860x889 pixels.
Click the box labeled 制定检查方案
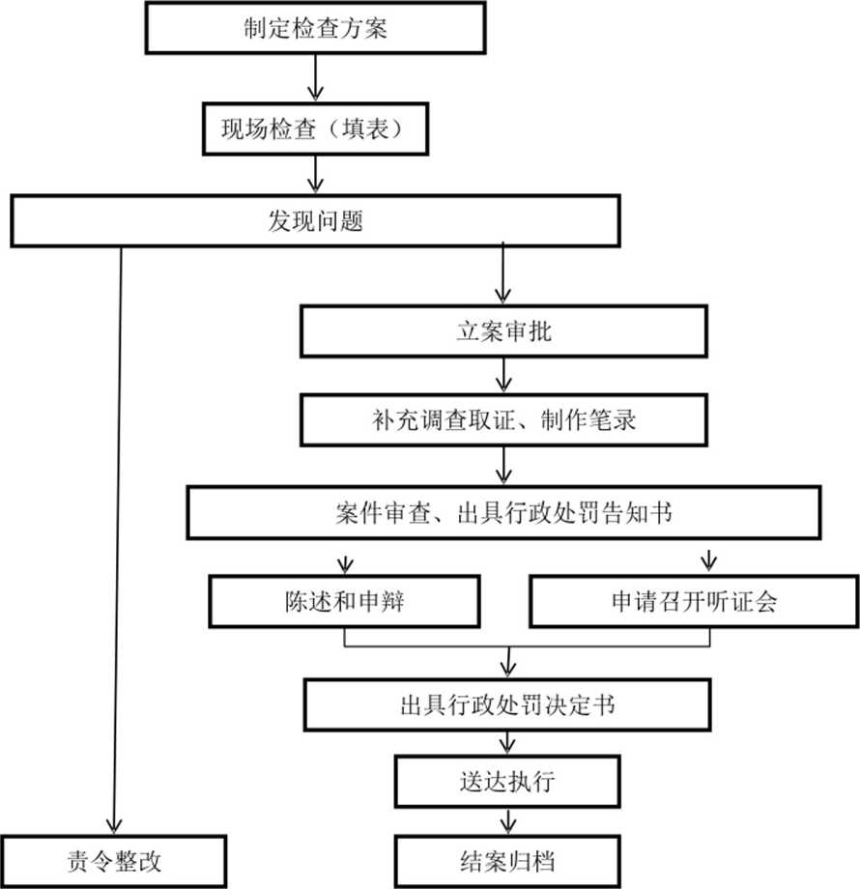315,27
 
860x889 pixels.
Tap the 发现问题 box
315,221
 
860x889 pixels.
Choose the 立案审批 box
503,331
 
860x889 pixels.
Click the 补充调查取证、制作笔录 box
503,420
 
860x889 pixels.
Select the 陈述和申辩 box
344,602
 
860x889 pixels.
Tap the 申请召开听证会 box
694,602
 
